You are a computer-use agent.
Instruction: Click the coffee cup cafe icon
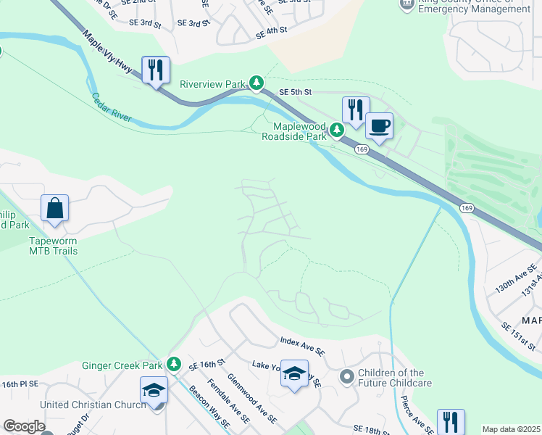point(378,126)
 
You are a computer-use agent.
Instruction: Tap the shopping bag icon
point(55,208)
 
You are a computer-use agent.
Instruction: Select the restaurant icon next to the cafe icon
point(355,110)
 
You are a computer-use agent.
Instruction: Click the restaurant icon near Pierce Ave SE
point(451,422)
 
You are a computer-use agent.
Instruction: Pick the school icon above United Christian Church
point(154,390)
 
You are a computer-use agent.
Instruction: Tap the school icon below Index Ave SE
point(294,374)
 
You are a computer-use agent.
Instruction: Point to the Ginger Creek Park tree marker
point(173,364)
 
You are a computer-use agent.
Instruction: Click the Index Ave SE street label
point(302,346)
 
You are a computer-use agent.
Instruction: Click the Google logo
point(23,426)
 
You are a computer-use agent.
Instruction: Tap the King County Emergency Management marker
point(407,4)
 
